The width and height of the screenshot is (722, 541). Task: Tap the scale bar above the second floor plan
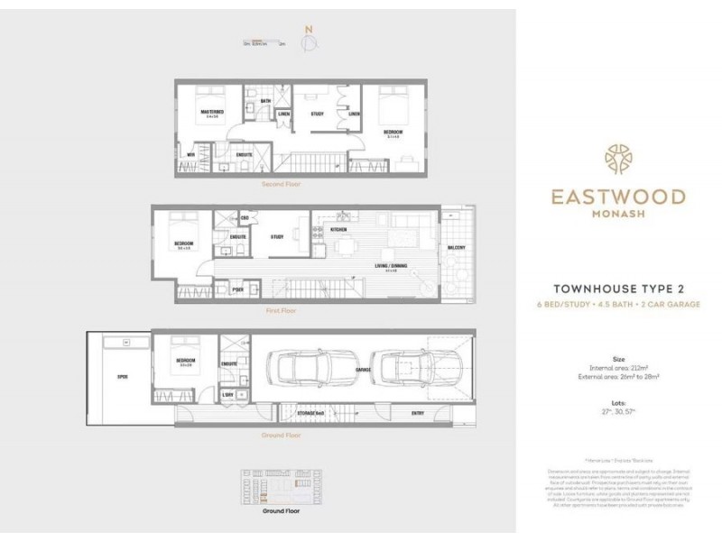tap(264, 41)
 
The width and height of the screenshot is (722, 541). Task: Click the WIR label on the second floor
tap(190, 155)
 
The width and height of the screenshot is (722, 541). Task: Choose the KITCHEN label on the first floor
tap(338, 231)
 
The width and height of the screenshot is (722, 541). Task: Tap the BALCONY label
tap(457, 249)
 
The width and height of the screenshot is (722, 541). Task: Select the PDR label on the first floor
tap(237, 289)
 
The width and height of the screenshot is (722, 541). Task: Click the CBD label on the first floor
tap(245, 217)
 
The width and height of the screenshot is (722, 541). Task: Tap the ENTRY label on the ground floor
tap(418, 413)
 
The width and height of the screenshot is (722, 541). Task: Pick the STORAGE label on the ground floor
tap(310, 412)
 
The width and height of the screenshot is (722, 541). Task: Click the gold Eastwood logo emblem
tap(618, 160)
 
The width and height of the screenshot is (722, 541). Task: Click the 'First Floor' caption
tap(281, 310)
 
